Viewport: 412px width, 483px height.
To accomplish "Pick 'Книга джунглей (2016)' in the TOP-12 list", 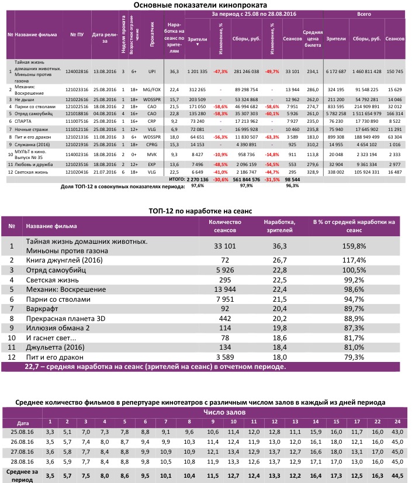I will pos(61,260).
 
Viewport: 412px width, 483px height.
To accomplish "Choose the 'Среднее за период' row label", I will pos(22,474).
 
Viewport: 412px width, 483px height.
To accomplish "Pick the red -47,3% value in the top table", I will pos(220,71).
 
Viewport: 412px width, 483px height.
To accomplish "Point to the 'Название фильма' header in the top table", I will pos(36,34).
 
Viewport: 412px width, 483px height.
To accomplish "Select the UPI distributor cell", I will pos(152,71).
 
